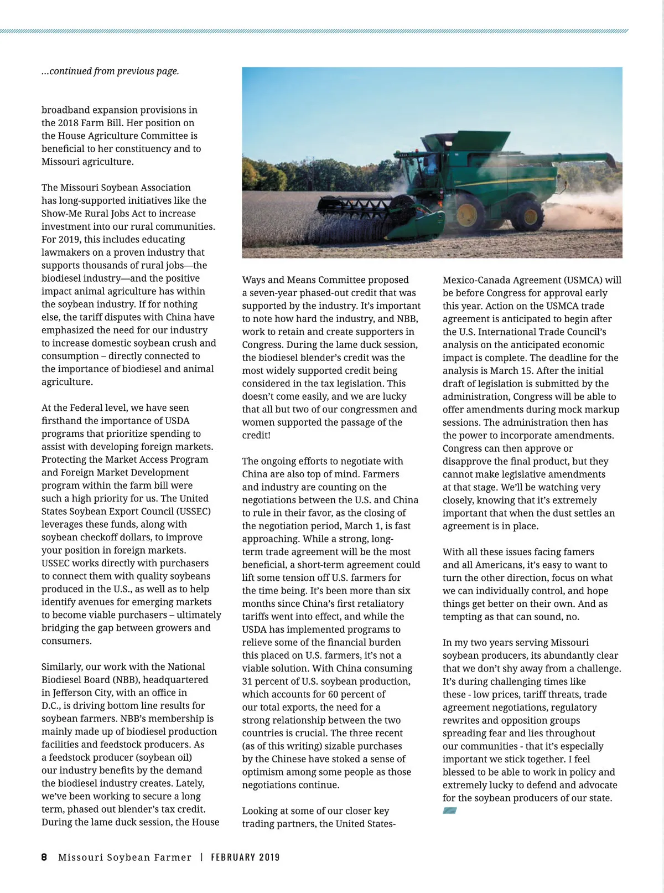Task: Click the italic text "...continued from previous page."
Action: click(110, 71)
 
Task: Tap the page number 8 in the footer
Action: click(44, 857)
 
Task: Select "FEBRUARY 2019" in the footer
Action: click(245, 857)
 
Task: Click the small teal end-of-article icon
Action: click(449, 811)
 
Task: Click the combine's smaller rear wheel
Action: click(527, 215)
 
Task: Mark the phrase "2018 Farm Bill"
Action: click(86, 122)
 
